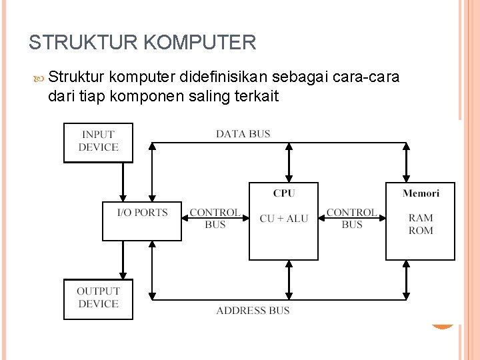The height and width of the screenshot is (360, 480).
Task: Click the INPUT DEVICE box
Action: click(x=98, y=142)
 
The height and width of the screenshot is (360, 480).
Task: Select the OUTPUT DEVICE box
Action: click(x=98, y=299)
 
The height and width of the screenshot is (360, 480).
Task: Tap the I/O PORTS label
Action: click(x=143, y=213)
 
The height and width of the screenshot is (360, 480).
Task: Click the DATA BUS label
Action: click(x=243, y=134)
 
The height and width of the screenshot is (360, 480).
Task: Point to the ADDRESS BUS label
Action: click(x=253, y=310)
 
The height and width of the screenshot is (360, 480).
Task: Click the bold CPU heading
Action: click(x=284, y=193)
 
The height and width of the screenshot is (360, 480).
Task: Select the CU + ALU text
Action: click(x=284, y=218)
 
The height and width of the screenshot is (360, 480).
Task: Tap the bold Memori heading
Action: click(x=421, y=193)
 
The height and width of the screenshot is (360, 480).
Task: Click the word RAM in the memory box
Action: click(x=421, y=218)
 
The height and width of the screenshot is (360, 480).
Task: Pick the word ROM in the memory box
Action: click(x=421, y=231)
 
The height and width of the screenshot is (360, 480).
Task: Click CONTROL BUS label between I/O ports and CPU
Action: click(x=215, y=219)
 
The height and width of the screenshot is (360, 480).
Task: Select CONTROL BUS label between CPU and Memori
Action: click(x=352, y=219)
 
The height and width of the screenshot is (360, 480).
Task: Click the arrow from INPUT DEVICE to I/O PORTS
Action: click(x=123, y=182)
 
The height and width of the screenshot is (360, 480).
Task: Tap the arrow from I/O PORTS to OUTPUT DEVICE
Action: click(x=123, y=260)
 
